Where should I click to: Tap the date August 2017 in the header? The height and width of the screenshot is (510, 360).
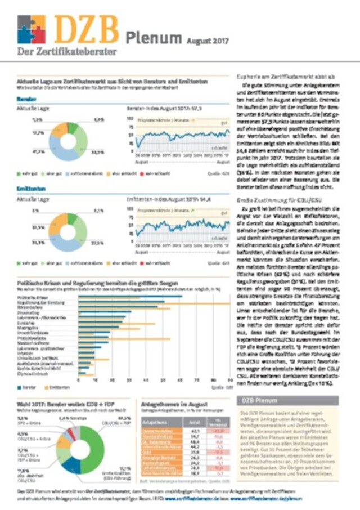pos(204,40)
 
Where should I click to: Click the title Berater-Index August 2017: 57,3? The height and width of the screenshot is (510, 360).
pos(163,106)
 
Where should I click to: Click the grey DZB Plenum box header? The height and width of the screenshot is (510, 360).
pos(287,400)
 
